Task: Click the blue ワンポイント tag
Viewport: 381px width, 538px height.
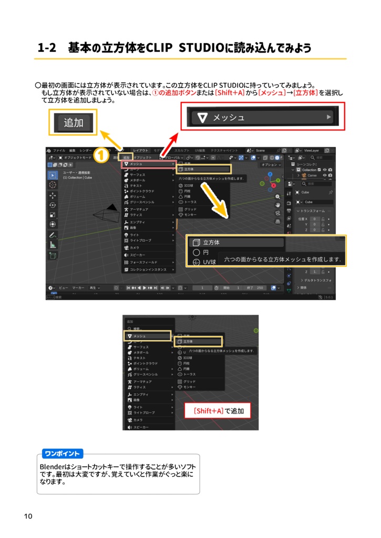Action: click(62, 453)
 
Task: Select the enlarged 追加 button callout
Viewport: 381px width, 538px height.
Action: click(74, 123)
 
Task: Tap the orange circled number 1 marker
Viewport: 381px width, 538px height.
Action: click(101, 156)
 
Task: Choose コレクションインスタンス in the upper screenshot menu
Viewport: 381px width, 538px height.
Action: click(149, 270)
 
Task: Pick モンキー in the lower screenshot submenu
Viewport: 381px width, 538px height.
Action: click(189, 387)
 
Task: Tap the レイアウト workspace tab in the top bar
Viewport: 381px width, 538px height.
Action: click(140, 150)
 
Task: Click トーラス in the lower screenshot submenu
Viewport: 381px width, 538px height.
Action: click(190, 374)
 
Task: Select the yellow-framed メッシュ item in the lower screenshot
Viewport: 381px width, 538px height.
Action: click(147, 336)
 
